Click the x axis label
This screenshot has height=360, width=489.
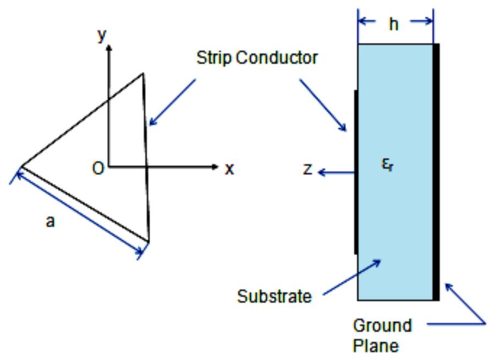coord(229,169)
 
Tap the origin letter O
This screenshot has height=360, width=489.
coord(97,168)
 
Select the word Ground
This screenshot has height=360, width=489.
coord(382,325)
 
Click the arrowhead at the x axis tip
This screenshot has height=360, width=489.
coord(215,166)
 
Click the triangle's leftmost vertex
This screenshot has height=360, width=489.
coord(21,166)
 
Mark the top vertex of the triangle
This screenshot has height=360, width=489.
coord(143,73)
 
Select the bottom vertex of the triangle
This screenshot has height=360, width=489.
coord(149,241)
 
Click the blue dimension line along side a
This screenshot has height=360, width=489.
coord(77,215)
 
